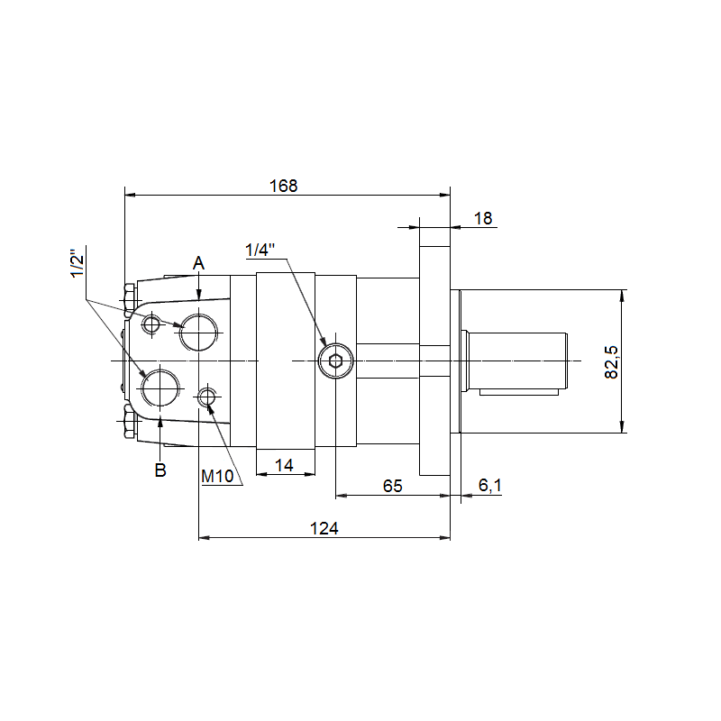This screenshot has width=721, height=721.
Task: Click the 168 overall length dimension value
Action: coord(283,186)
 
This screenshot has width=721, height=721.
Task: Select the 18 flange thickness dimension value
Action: coord(483,218)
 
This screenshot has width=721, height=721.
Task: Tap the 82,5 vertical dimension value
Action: coord(612,362)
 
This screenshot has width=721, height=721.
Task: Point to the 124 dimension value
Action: coord(324,528)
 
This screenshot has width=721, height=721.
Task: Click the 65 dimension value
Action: coord(393,486)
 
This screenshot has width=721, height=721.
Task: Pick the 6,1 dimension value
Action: coord(490,485)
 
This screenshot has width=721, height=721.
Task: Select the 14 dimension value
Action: coord(284,465)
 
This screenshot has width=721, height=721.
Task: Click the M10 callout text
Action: coord(217,477)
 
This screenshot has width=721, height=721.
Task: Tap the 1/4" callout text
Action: coord(260,251)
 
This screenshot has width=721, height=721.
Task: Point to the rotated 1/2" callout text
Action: coord(78,263)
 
